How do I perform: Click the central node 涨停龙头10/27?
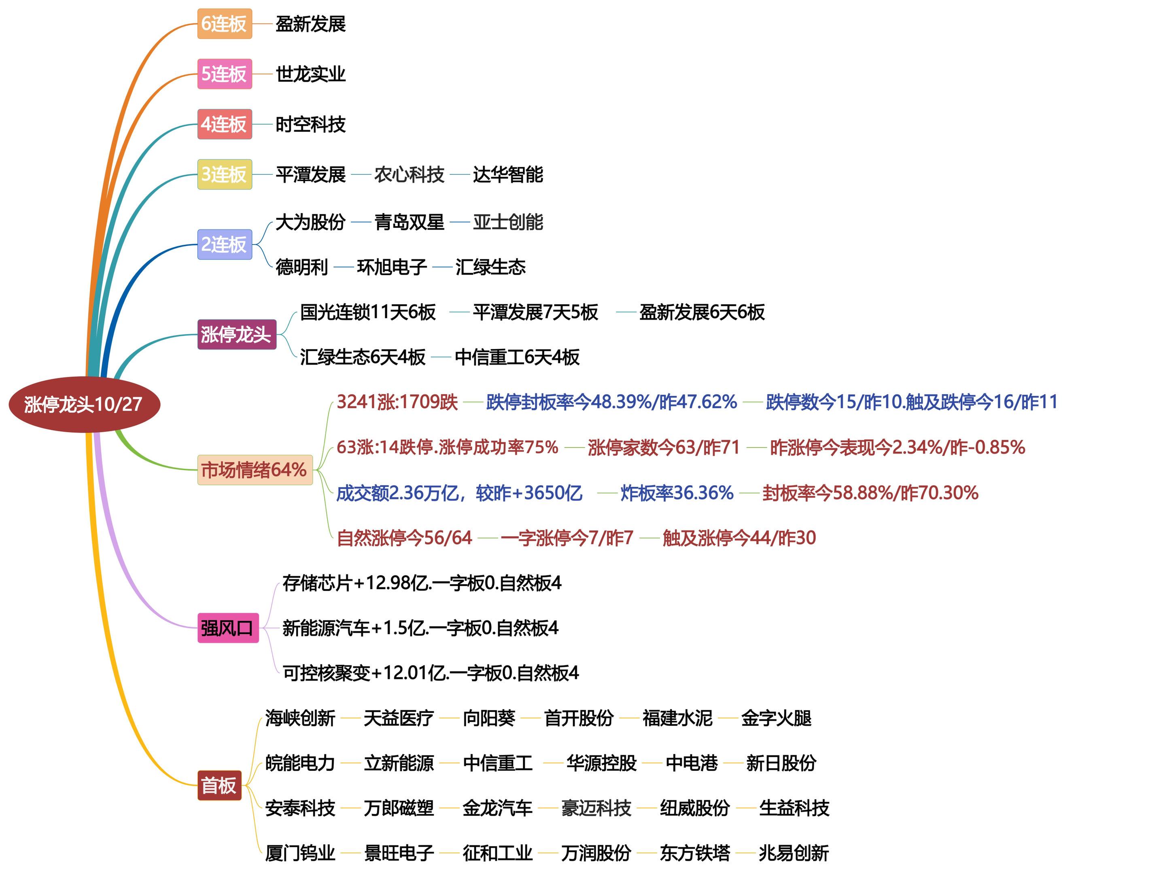[84, 404]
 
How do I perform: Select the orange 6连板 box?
[225, 23]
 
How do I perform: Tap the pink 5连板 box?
[225, 74]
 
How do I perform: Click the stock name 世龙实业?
[310, 74]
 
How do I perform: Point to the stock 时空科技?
[310, 125]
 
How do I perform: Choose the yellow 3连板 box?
[225, 174]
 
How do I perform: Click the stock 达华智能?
[507, 174]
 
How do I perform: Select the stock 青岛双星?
[409, 222]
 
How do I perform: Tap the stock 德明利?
[301, 267]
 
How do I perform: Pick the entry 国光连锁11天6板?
[367, 312]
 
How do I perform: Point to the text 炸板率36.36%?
[677, 493]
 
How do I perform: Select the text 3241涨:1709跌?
[397, 402]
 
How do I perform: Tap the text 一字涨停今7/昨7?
[567, 537]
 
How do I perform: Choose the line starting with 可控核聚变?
[430, 672]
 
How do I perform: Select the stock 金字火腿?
[776, 718]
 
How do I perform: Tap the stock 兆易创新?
[794, 853]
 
